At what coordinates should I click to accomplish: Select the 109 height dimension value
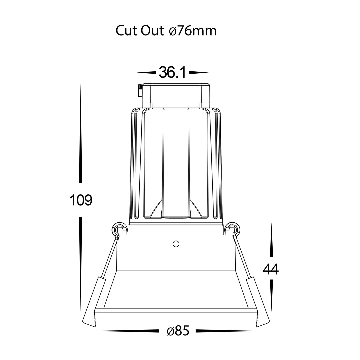pos(81,200)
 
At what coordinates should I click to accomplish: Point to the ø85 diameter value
pos(178,331)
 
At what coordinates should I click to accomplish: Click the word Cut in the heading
pos(127,30)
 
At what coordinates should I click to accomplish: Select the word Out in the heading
pos(152,30)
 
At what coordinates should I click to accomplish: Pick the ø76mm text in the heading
pos(193,31)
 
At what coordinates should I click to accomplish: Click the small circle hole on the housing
pos(176,244)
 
